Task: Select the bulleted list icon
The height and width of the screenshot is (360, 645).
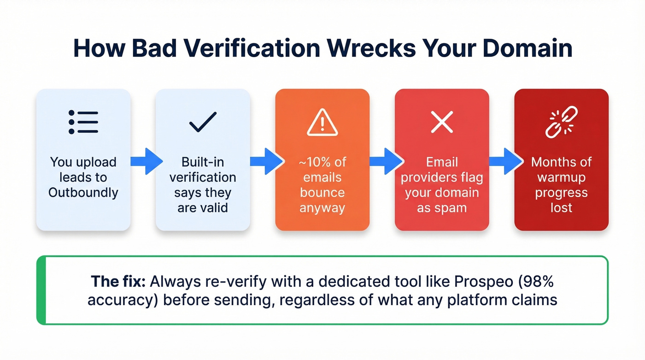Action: point(83,122)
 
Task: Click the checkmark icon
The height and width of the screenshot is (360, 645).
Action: point(203,122)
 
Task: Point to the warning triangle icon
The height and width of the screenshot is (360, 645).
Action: point(322,122)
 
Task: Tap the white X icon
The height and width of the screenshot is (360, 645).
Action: point(442,122)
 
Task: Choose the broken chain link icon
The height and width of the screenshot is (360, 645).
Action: point(562,122)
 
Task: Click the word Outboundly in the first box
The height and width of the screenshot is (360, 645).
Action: point(83,192)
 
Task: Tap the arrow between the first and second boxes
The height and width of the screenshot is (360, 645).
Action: point(146,161)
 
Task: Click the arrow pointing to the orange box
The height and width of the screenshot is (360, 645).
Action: point(266,161)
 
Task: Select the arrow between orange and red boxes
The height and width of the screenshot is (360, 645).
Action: point(386,161)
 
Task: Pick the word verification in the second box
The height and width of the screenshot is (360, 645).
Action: point(203,177)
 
